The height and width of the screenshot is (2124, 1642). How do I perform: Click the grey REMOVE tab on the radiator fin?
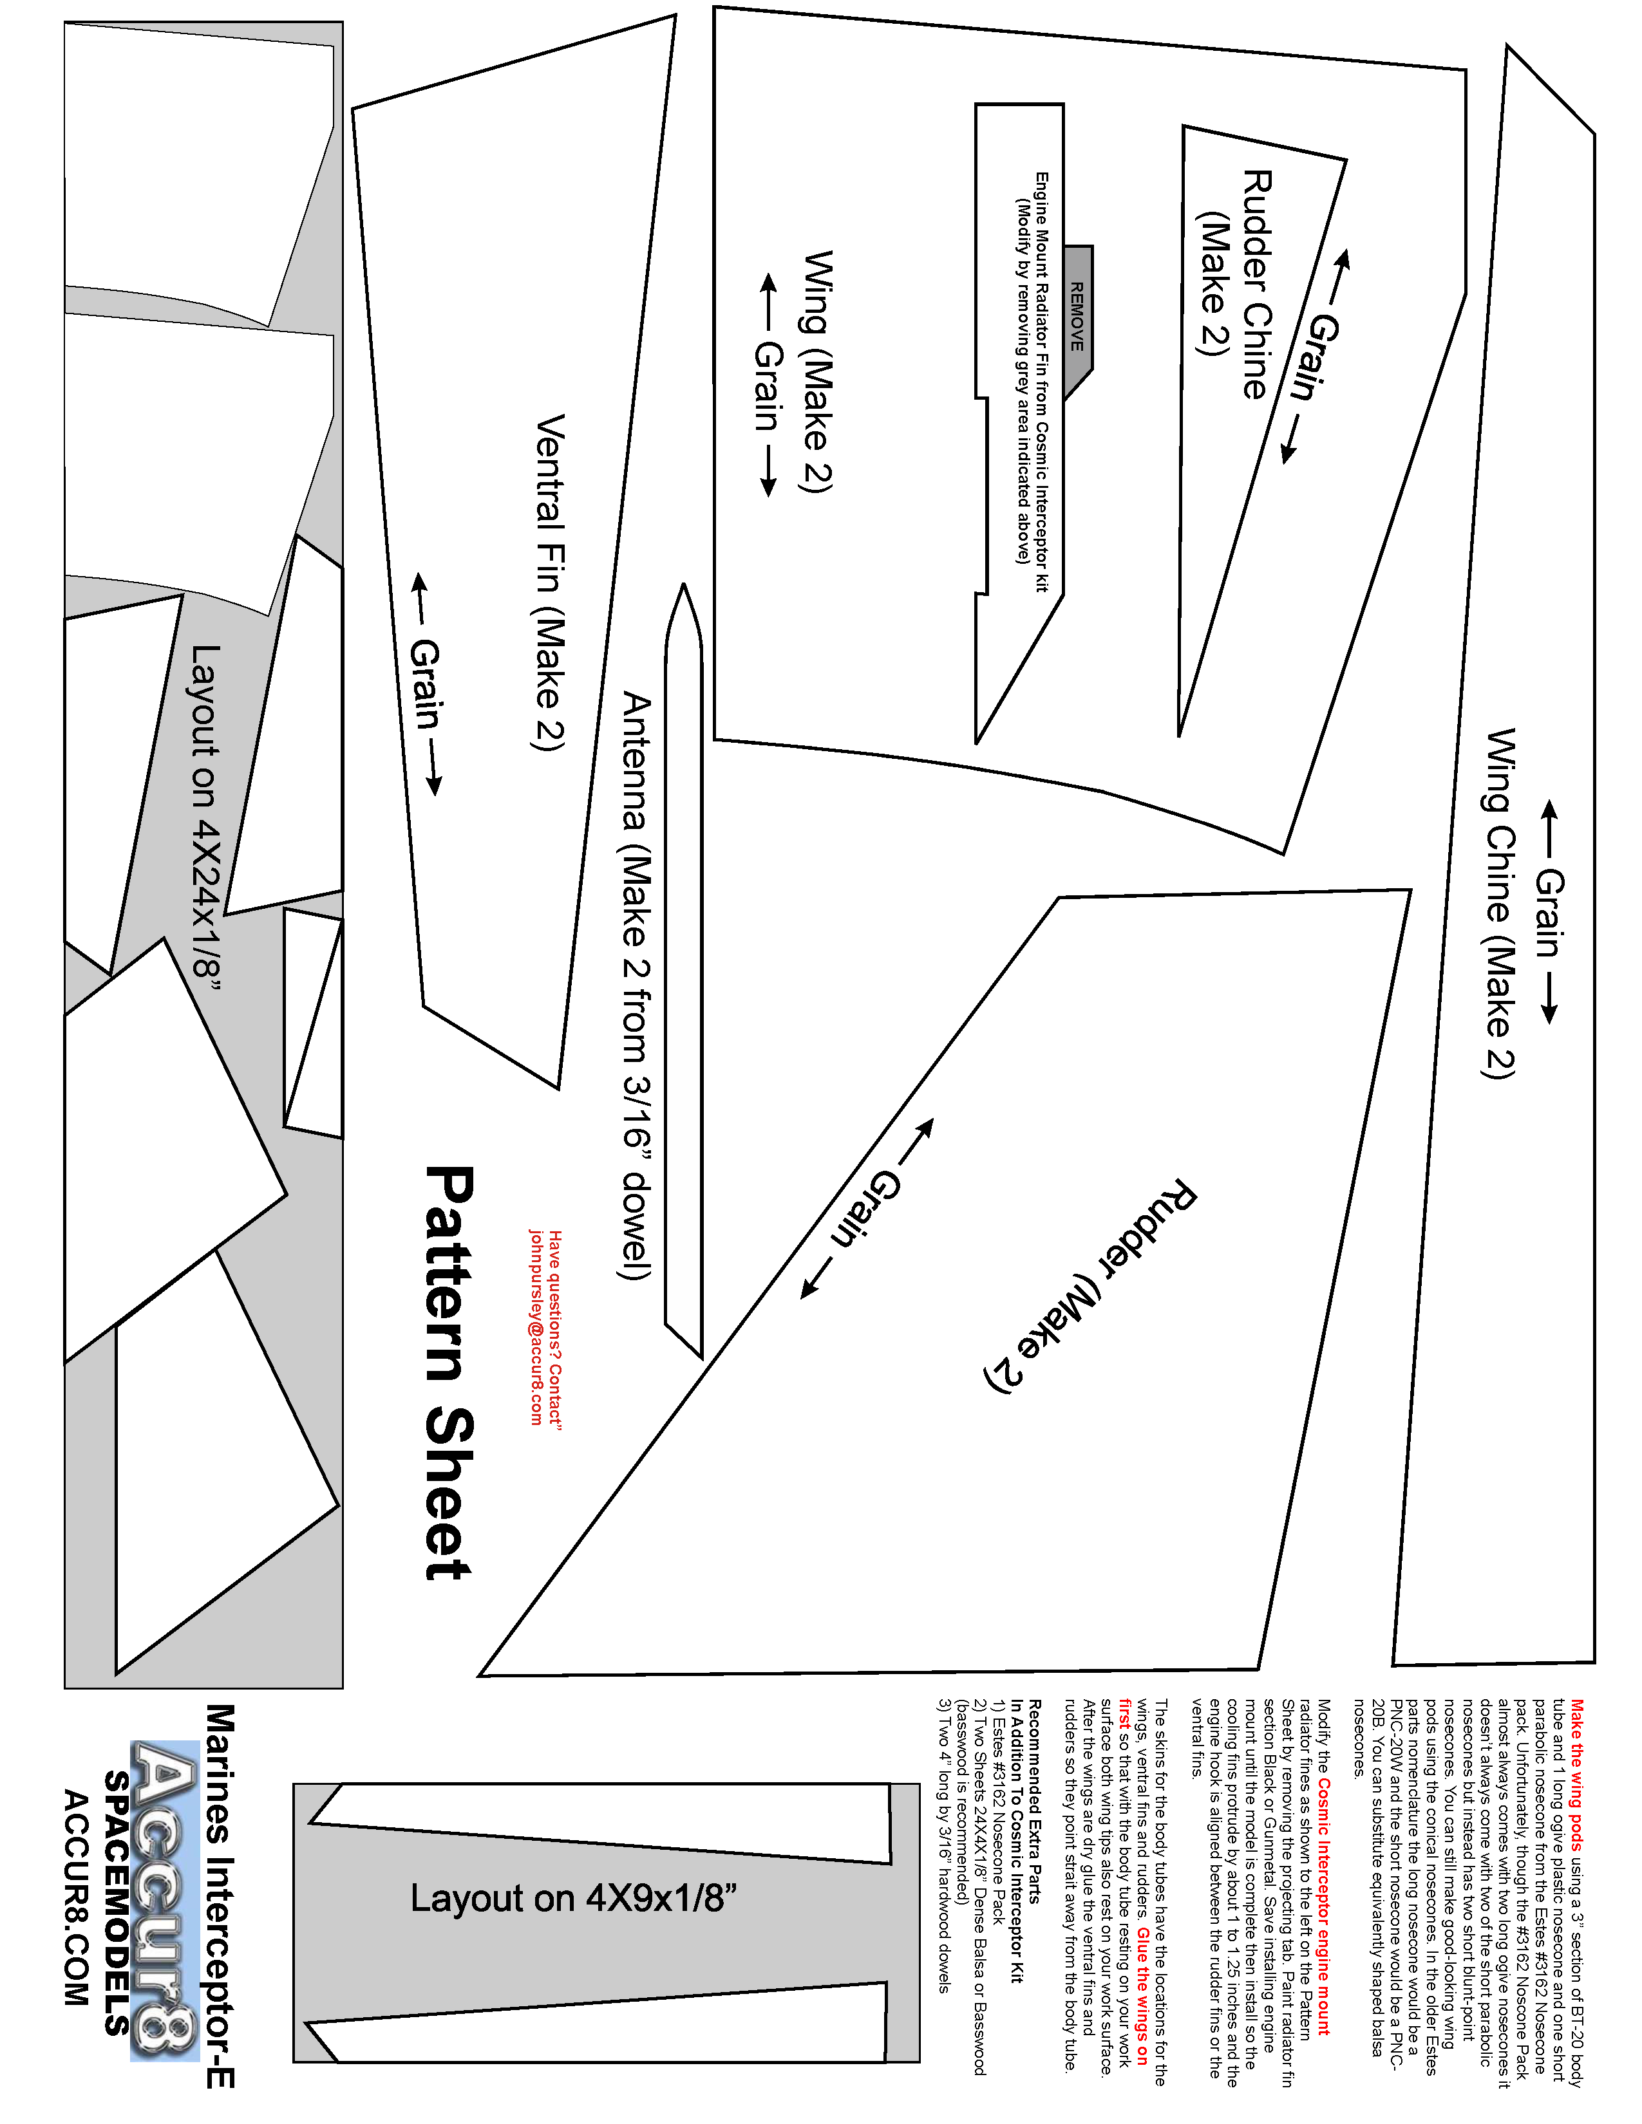pos(1078,316)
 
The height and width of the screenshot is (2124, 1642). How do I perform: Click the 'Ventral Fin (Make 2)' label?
pos(550,582)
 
